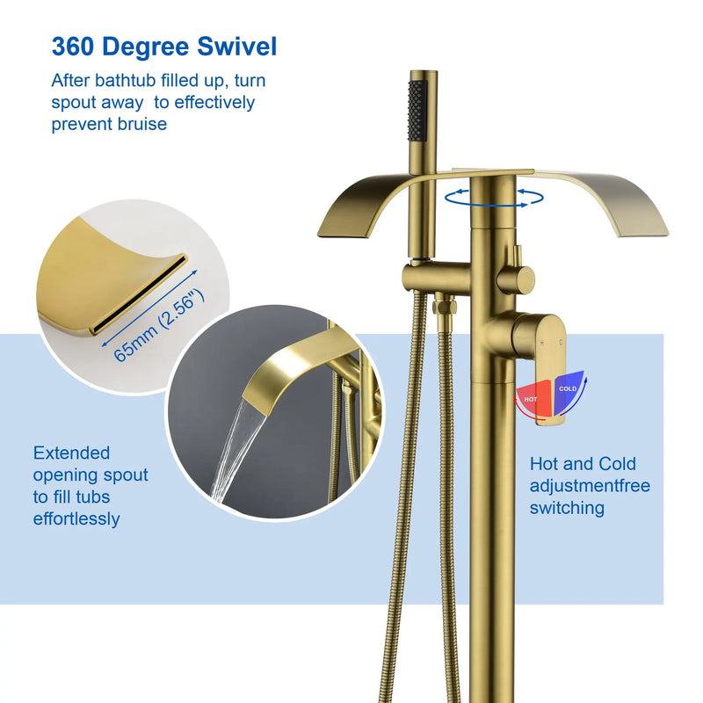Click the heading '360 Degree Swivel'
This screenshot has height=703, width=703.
[164, 47]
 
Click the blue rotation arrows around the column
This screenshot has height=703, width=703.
[494, 198]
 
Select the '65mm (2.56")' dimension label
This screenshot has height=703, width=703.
[159, 325]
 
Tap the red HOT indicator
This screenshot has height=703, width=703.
[533, 398]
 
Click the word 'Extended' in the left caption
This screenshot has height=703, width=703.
[71, 453]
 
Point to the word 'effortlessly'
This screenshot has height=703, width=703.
[76, 519]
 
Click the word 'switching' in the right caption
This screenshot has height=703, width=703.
[567, 508]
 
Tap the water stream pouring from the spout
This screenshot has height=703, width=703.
[236, 451]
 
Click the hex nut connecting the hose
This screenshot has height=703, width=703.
[445, 307]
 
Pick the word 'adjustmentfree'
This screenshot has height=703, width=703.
[590, 486]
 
